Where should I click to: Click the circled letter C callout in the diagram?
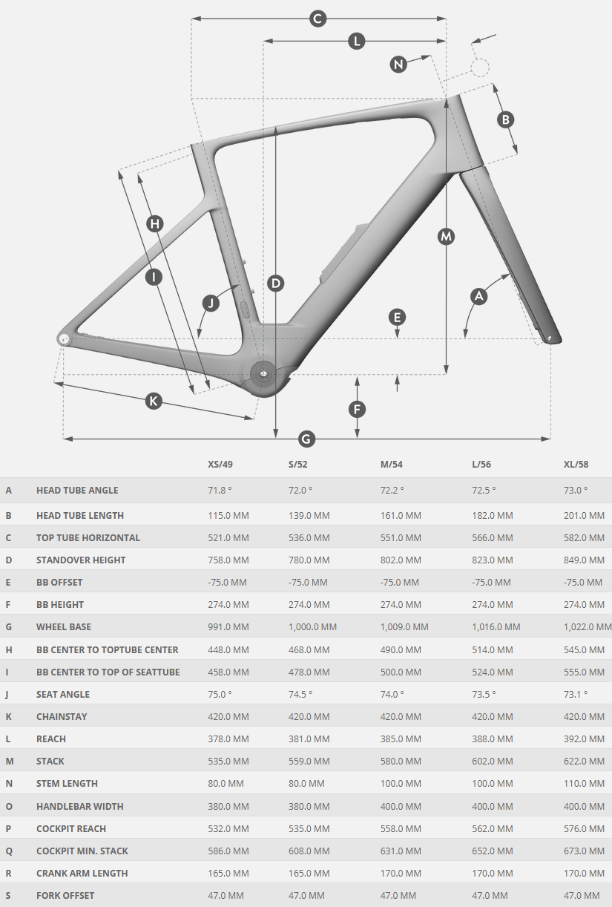click(317, 19)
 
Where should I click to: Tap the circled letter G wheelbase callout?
click(306, 439)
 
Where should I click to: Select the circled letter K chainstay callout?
click(154, 401)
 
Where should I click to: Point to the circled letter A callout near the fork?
click(479, 295)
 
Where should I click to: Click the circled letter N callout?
click(399, 65)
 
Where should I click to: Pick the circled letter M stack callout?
click(446, 236)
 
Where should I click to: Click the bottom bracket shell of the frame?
click(263, 375)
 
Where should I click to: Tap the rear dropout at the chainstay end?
click(64, 338)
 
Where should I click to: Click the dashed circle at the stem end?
click(479, 68)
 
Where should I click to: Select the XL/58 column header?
click(576, 465)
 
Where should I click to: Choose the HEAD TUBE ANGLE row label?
click(77, 491)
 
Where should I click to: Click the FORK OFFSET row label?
click(65, 896)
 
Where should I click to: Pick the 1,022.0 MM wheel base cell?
click(588, 627)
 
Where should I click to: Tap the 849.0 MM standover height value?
click(584, 560)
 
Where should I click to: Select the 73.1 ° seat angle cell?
click(576, 695)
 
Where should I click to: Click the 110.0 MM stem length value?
click(584, 784)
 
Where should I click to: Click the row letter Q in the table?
click(9, 851)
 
